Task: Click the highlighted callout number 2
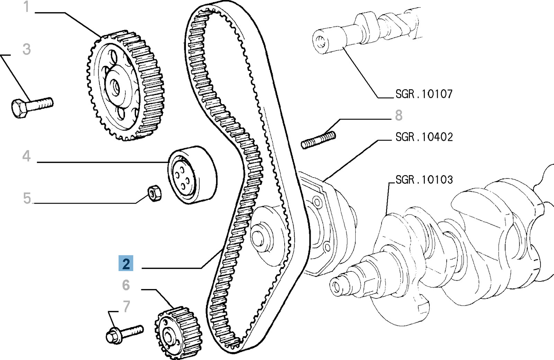coord(126,264)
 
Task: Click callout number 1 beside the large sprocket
coord(26,7)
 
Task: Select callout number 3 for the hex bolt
coord(27,49)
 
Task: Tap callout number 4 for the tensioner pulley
coord(27,156)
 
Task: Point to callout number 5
coord(27,198)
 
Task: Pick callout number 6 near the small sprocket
coord(126,285)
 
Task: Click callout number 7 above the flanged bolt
coord(127,307)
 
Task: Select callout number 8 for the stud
coord(399,116)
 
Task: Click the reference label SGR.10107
coord(424,94)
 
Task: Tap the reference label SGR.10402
coord(424,137)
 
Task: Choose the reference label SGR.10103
coord(424,180)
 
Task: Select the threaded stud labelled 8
coord(318,140)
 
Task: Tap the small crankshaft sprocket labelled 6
coord(178,332)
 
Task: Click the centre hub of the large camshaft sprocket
coord(115,87)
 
